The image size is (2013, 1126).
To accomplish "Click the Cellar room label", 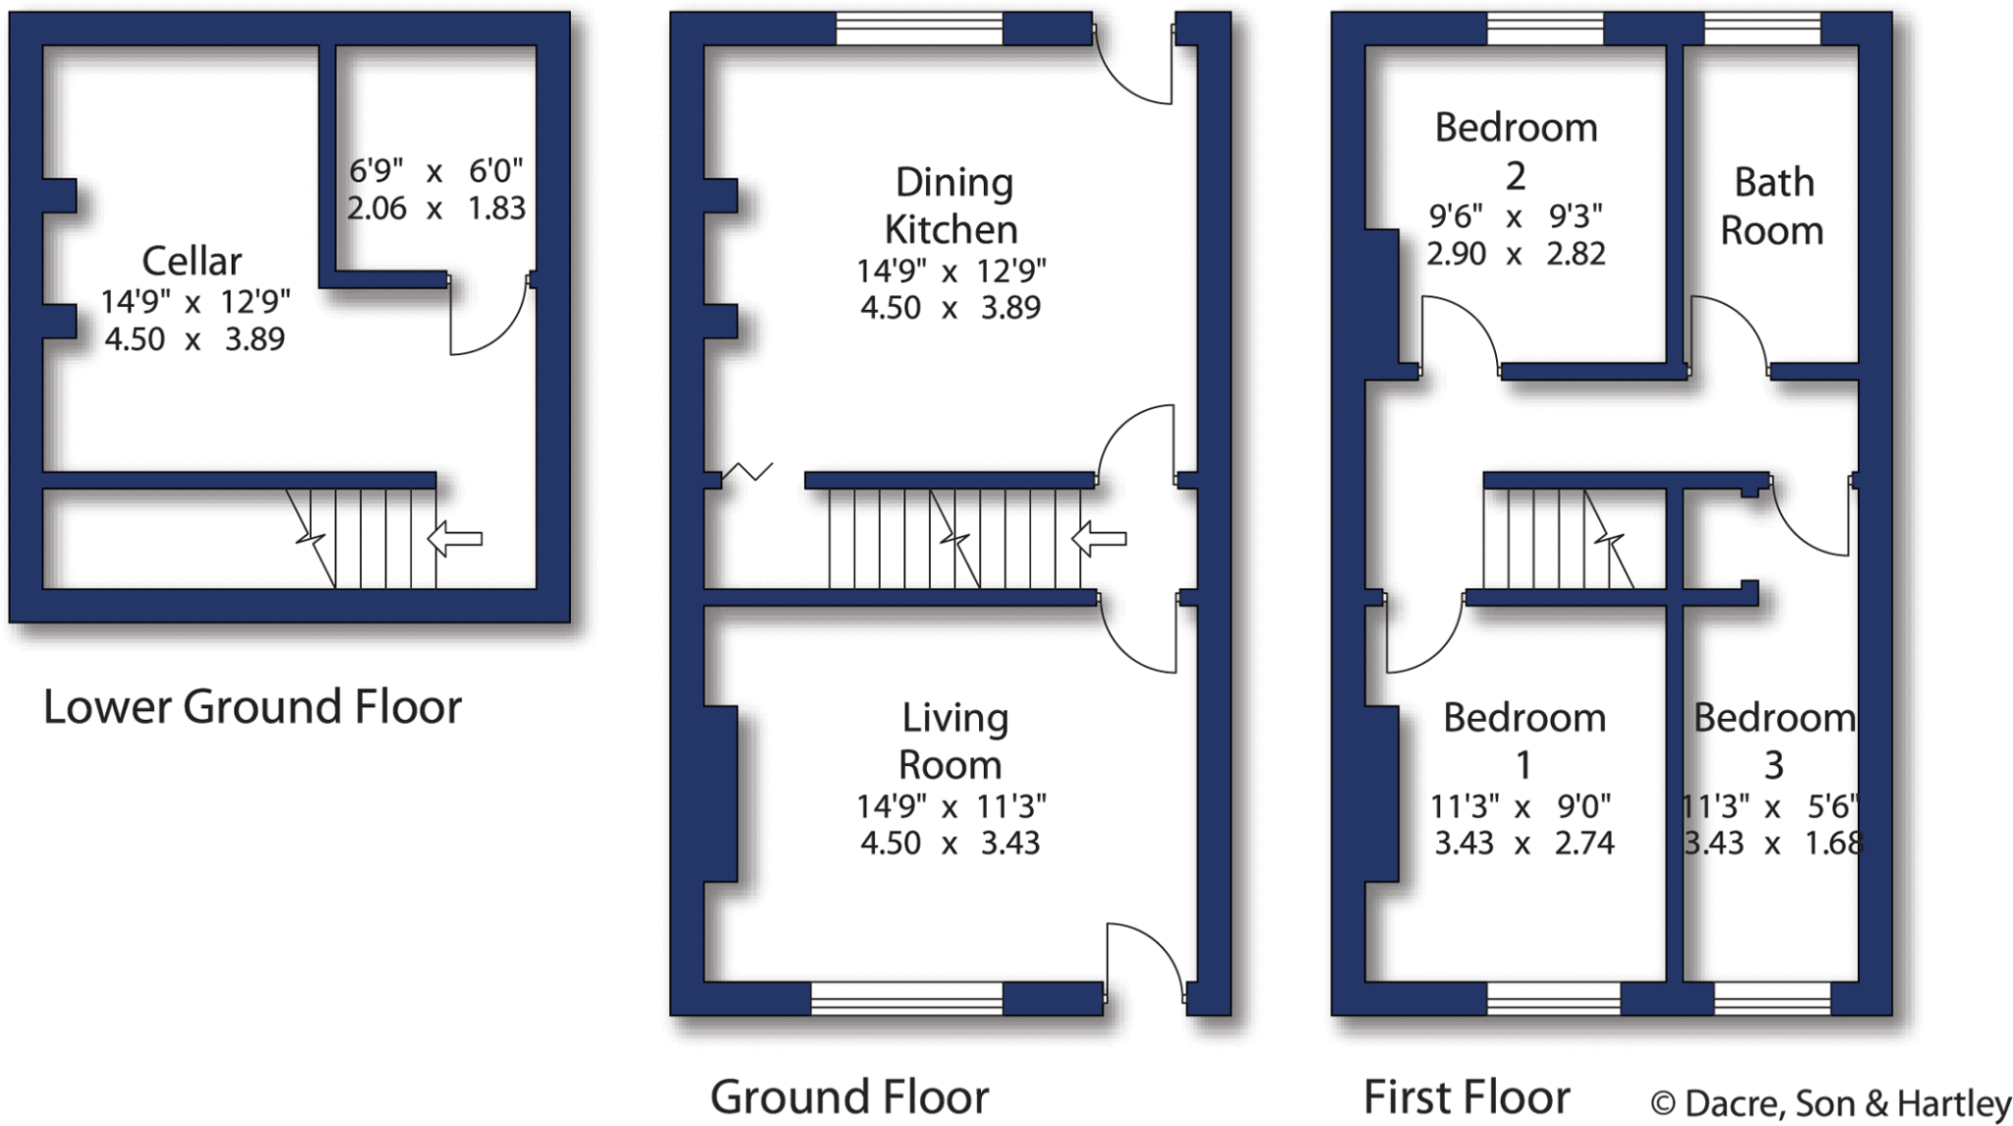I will point(192,262).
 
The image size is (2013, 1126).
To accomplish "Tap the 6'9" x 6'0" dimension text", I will point(436,172).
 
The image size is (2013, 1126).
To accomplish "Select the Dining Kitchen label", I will point(951,206).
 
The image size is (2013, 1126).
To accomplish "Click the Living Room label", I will point(952,741).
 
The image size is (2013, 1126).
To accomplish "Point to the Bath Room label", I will point(1772,207).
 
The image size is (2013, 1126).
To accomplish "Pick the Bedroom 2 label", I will point(1516,150).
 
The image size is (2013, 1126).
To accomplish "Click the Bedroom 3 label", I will point(1773,741).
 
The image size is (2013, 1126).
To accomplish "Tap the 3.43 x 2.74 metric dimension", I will point(1524,844).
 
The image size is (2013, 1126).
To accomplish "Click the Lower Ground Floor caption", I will point(253,707).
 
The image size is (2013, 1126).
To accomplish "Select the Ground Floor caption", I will point(849,1096).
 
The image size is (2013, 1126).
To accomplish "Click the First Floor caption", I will point(1467,1096).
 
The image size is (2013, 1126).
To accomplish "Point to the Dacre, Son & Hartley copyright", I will point(1830,1103).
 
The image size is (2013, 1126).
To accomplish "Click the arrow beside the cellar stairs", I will point(455,538).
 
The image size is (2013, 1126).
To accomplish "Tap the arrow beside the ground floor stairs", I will point(1098,538).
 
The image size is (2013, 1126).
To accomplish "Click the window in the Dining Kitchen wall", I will point(919,30).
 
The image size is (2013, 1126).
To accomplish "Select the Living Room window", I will point(906,998).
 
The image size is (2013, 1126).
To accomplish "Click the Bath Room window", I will point(1762,30).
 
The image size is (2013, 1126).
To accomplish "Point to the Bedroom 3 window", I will point(1772,998).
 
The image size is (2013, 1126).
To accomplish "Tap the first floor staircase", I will point(1558,538).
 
